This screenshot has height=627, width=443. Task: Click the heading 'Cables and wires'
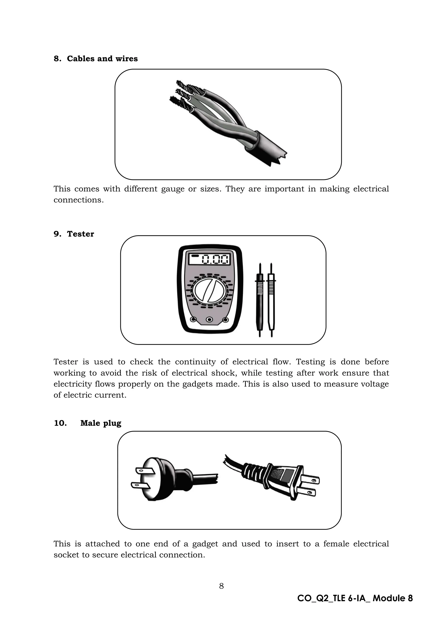102,59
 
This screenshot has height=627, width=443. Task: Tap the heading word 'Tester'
80,234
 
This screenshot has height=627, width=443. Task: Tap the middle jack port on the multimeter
209,319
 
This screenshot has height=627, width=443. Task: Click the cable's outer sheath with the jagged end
267,150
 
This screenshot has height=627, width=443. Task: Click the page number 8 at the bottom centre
221,586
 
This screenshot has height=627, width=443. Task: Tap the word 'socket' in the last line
66,555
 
